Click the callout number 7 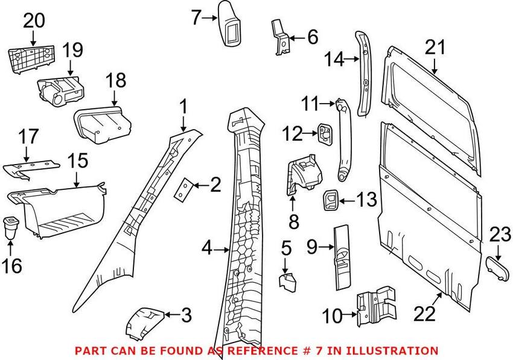pos(196,18)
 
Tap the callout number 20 pos(34,21)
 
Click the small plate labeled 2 pos(183,190)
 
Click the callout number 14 pos(335,59)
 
